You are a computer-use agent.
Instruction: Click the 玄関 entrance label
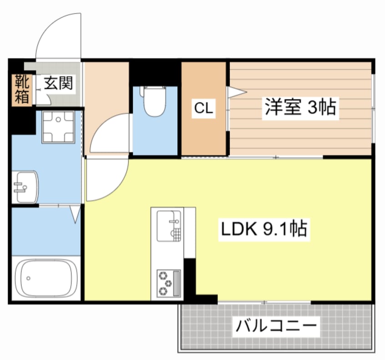59,83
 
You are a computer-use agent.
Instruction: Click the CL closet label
203,108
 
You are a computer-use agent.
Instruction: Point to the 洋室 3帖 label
300,108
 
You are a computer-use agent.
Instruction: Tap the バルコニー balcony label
275,326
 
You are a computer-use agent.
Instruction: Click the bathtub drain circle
29,277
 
